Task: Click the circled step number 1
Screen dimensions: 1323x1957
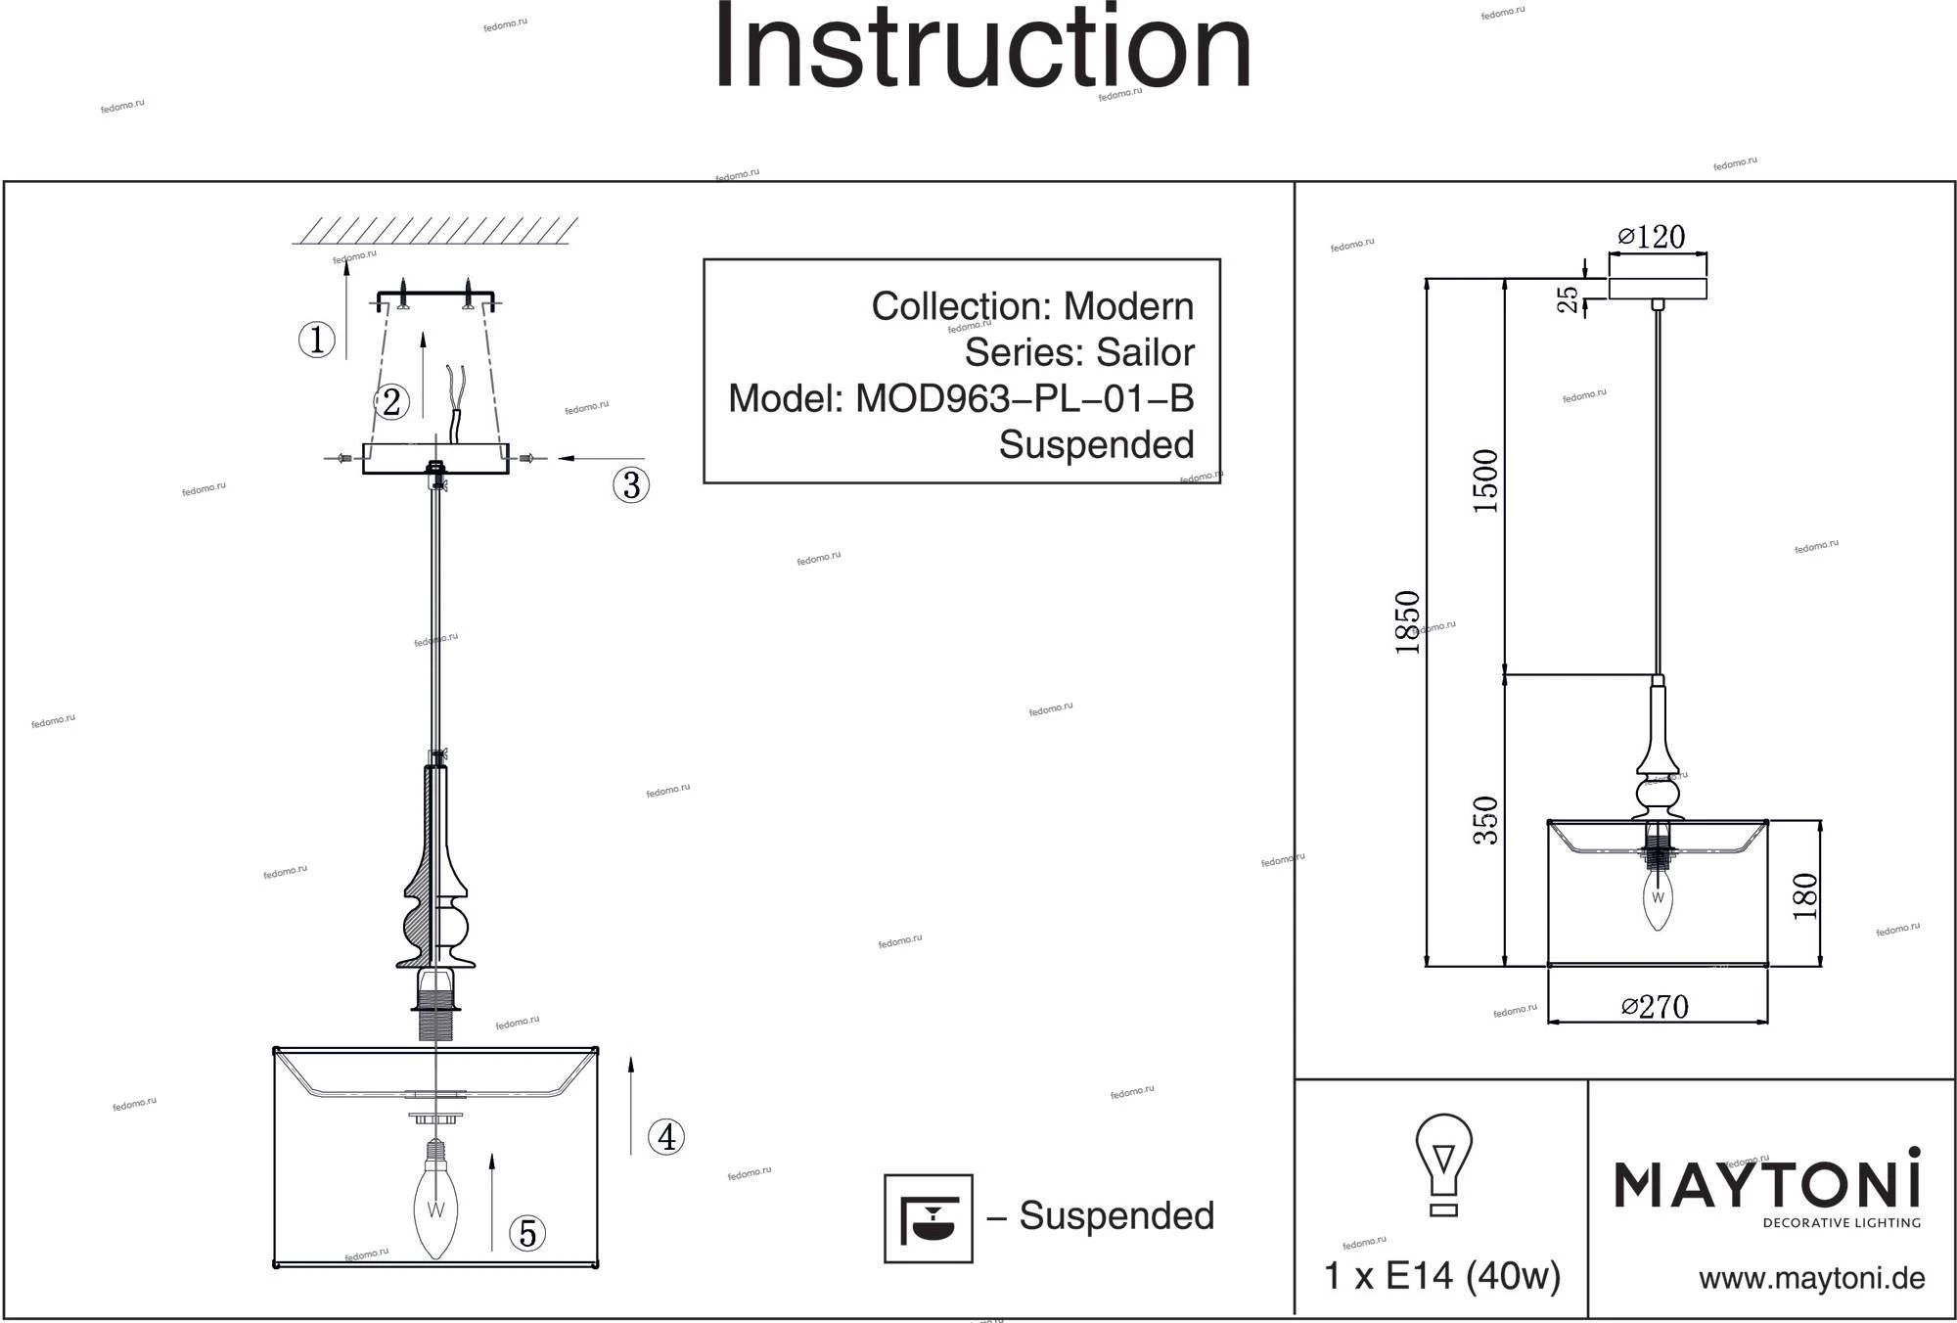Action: (316, 340)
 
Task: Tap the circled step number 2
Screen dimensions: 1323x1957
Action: (391, 401)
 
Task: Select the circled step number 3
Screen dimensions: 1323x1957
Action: (631, 484)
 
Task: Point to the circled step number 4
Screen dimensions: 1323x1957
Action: (666, 1137)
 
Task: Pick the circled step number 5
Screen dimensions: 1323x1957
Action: (527, 1233)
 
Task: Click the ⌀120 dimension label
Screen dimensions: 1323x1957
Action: (1653, 237)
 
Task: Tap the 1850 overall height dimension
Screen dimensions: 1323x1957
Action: (1408, 622)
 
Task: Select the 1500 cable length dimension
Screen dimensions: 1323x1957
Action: (1485, 481)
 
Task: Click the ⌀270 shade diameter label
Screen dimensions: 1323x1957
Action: (1656, 1007)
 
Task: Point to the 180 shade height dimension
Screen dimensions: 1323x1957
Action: (1805, 895)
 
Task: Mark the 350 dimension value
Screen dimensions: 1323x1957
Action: (1485, 820)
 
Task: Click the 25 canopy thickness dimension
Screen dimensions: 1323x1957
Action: (1569, 298)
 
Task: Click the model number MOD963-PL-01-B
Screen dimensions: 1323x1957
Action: (1024, 398)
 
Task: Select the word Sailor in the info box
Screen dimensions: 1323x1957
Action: (1146, 352)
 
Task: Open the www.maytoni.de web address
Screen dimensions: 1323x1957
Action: (1811, 1278)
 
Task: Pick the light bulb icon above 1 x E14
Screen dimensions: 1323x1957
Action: (1443, 1163)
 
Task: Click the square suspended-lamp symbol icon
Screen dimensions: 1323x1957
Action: (929, 1218)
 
